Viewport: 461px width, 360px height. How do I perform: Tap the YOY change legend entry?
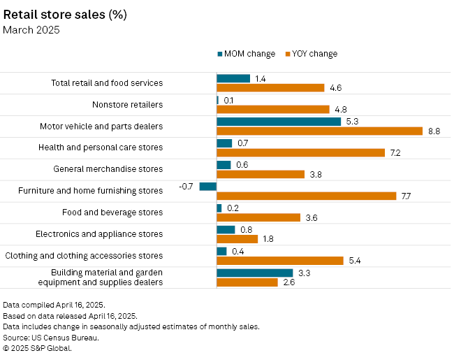312,54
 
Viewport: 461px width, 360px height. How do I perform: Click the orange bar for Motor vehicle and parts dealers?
319,131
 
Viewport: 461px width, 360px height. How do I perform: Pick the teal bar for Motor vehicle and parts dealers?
279,122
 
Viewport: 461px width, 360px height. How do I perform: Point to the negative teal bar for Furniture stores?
207,186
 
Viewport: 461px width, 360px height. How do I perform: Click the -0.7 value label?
186,186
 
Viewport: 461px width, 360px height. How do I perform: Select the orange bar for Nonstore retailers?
272,109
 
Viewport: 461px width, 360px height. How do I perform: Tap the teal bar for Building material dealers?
254,273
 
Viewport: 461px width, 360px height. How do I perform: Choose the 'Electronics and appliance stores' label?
99,234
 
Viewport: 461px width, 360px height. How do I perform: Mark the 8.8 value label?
434,131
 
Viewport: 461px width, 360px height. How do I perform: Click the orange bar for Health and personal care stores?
300,152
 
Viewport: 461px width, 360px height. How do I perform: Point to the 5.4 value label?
354,260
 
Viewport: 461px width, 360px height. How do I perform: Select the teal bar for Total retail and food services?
233,78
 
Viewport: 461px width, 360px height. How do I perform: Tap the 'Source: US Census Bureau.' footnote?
51,337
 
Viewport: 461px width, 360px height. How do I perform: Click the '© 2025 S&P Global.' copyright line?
38,347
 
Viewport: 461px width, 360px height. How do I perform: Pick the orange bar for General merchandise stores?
261,174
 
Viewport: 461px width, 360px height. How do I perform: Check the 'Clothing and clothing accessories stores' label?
84,256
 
